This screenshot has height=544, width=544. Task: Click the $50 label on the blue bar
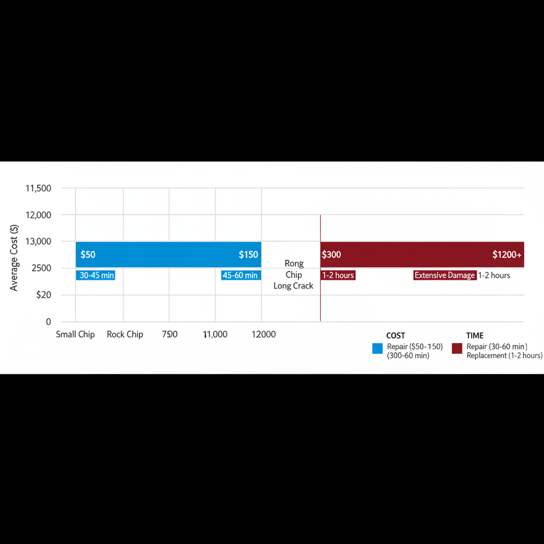(88, 255)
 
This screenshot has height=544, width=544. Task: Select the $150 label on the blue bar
(249, 255)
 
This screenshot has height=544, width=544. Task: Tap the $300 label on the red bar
(331, 255)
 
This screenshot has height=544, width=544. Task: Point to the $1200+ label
(507, 255)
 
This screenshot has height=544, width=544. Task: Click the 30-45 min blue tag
(96, 275)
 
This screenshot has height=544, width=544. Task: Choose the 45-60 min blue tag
(240, 275)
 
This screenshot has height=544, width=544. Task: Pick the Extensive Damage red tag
(445, 275)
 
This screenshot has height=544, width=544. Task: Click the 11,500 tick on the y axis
(38, 189)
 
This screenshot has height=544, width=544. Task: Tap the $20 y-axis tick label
(44, 295)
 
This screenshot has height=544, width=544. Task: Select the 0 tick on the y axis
(48, 322)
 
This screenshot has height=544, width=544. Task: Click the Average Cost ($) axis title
(15, 258)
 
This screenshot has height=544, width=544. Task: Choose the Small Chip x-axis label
(75, 335)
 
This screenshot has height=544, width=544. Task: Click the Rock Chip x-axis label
(125, 335)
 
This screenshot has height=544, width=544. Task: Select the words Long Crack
(293, 286)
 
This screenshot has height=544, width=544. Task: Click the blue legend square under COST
(378, 348)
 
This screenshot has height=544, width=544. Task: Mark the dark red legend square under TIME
(456, 348)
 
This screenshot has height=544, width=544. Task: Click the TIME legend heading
(475, 336)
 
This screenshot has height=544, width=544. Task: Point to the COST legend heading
(396, 336)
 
